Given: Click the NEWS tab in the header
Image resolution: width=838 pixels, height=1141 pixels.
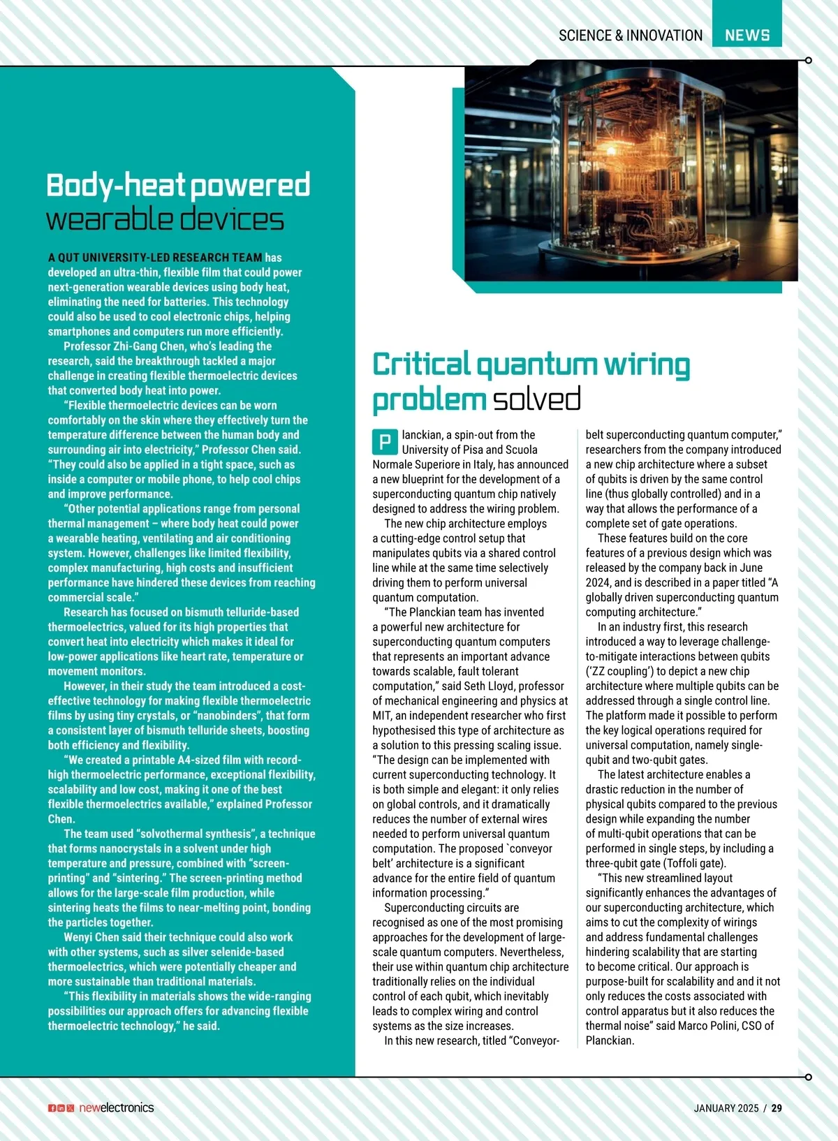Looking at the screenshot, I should coord(747,35).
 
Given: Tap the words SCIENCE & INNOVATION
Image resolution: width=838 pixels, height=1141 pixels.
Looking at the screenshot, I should coord(630,36).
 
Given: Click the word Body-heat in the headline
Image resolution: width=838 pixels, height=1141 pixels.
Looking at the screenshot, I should coord(115,186).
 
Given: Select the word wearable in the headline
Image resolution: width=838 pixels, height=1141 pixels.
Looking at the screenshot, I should coord(105,220).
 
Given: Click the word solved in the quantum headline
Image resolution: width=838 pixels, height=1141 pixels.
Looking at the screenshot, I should coord(536,399).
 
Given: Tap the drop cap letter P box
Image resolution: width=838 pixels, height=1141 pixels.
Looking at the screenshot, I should coord(384,442).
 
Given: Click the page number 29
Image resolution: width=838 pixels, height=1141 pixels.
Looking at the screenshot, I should coord(777,1107).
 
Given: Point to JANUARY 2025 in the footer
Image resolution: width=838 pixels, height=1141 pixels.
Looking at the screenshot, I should coord(726,1107).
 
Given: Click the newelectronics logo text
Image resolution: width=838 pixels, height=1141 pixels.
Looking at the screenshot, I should coord(116,1107).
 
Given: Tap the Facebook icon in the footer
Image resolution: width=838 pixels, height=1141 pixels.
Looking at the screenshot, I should coord(52,1108).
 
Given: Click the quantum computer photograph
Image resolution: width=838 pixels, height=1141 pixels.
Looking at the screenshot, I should coord(631,180).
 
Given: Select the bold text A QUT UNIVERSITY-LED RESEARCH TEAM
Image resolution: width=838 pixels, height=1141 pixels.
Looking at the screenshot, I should coord(155,258).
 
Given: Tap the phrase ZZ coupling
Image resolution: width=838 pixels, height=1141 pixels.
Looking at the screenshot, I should coord(621,671).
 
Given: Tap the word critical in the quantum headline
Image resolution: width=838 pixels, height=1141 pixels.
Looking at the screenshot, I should coord(421,365).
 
